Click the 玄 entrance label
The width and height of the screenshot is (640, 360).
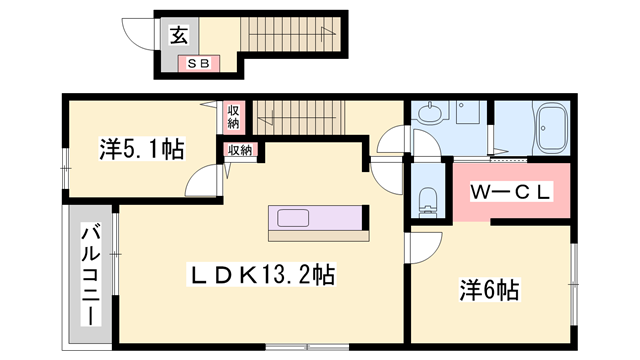(179, 36)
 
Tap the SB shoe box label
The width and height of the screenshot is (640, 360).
(198, 64)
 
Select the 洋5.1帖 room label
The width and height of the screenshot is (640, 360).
(142, 149)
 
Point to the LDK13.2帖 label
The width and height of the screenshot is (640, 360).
(261, 275)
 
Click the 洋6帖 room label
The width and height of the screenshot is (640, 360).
(489, 290)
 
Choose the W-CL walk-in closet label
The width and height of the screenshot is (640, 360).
(511, 192)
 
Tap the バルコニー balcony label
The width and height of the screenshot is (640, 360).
(91, 274)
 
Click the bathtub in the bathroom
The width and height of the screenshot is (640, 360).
(552, 127)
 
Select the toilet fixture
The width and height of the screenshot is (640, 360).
(428, 200)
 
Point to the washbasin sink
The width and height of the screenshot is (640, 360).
(429, 112)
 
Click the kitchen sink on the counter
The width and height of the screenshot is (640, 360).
(293, 218)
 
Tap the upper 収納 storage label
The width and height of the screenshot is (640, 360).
(233, 117)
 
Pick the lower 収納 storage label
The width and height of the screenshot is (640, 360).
(240, 150)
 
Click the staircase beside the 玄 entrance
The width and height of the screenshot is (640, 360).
(291, 34)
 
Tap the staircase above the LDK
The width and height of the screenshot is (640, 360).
(299, 118)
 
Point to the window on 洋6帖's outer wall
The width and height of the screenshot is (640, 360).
(574, 284)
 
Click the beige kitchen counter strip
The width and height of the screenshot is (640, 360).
(319, 236)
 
